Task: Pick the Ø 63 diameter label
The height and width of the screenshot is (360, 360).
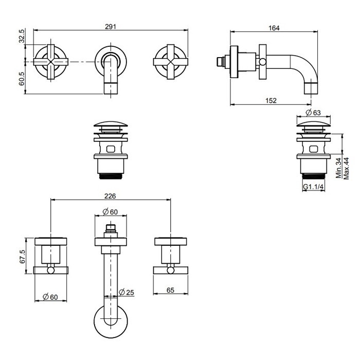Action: point(313,112)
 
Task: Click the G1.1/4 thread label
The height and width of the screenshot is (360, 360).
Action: point(313,187)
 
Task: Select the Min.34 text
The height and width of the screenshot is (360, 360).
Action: point(338,168)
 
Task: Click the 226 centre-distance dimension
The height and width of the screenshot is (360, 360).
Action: point(110,196)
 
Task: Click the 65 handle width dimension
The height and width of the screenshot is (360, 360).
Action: point(170,291)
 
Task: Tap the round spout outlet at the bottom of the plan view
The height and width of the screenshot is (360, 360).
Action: point(110,321)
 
